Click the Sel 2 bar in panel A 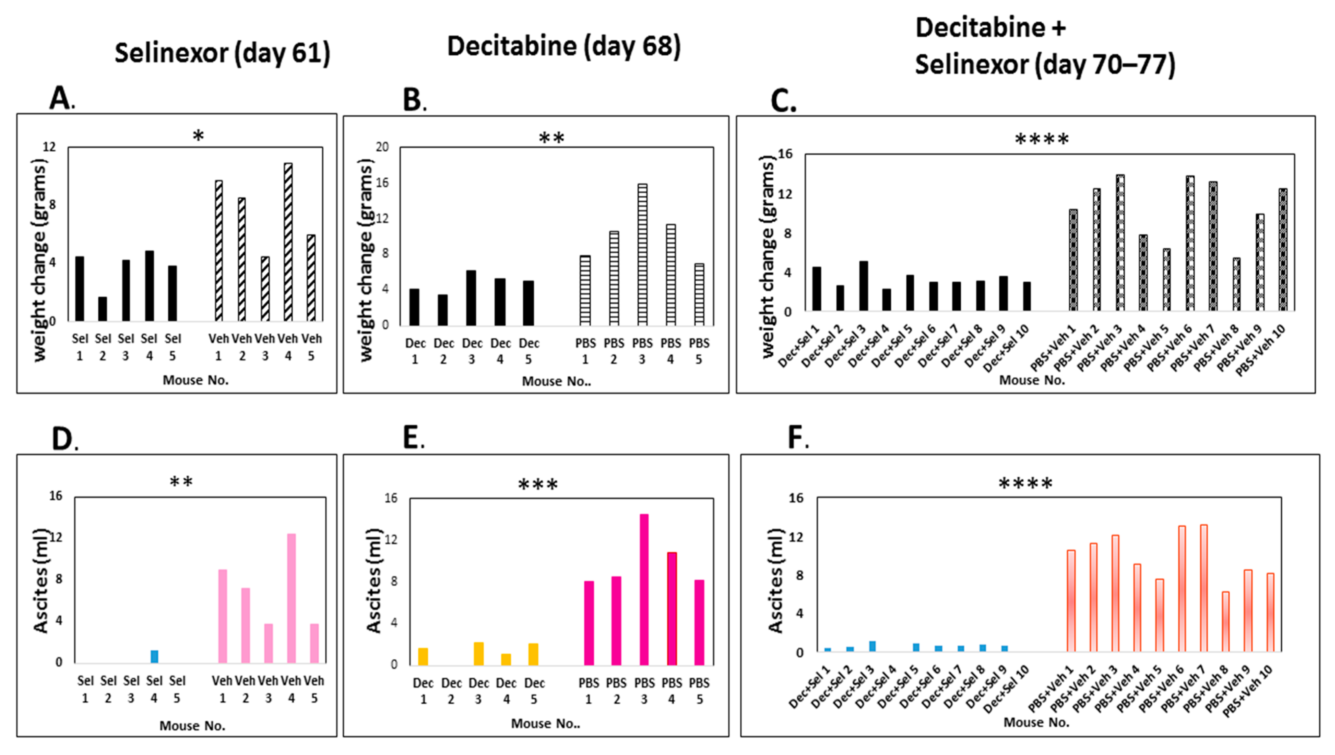tap(103, 309)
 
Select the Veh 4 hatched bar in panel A tap(288, 242)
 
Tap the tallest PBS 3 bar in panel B tap(642, 255)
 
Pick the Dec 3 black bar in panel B tap(471, 298)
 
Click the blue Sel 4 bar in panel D tap(154, 657)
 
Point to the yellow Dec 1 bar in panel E tap(423, 657)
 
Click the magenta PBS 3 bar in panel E tap(644, 590)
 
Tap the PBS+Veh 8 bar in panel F tap(1225, 622)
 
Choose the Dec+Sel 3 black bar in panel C tap(863, 286)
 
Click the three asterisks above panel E tap(538, 485)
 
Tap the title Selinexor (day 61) tap(222, 53)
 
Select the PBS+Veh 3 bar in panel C tap(1120, 243)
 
